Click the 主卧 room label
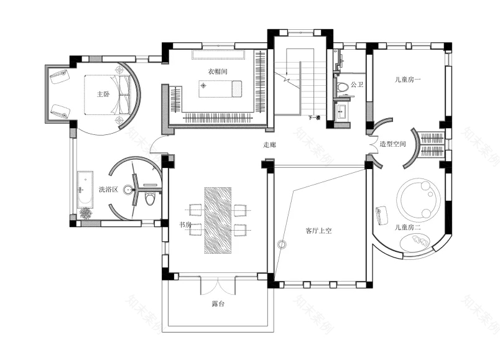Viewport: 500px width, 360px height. tap(103, 95)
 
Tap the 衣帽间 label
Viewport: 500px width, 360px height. tap(217, 72)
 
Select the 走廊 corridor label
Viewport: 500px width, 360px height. tap(269, 144)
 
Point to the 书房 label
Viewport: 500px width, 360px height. tap(185, 224)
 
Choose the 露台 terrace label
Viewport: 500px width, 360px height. tap(218, 304)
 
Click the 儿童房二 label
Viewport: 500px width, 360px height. tap(408, 228)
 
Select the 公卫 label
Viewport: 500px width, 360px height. tap(356, 85)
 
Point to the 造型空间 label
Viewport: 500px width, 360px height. tap(393, 144)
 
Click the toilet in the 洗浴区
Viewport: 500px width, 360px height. tap(150, 198)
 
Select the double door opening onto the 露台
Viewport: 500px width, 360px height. tap(218, 285)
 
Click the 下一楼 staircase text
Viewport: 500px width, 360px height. tap(314, 118)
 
